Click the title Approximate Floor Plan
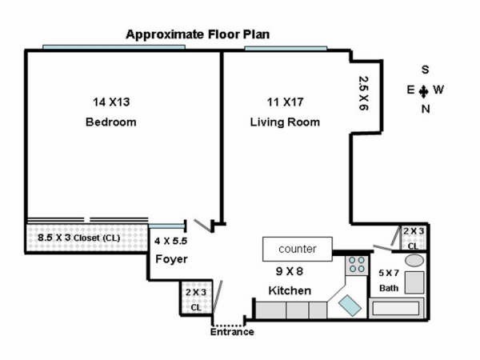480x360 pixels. [198, 34]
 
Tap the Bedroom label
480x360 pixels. [111, 122]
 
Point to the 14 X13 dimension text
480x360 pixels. [111, 102]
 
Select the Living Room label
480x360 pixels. [285, 122]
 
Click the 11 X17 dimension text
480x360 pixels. [286, 102]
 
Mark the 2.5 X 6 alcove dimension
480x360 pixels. [364, 93]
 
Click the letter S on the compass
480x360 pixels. [426, 70]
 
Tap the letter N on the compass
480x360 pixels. [426, 109]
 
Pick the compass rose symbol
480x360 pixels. [424, 91]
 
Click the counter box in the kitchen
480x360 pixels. [298, 249]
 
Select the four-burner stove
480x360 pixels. [357, 265]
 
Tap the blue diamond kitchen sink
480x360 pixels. [350, 306]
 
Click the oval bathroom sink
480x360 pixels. [414, 261]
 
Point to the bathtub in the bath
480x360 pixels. [396, 308]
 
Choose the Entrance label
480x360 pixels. [232, 332]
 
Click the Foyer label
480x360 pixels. [171, 259]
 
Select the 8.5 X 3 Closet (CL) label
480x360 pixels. [79, 238]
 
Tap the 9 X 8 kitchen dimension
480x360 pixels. [290, 271]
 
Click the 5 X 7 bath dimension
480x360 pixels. [389, 273]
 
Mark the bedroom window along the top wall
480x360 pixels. [114, 47]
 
